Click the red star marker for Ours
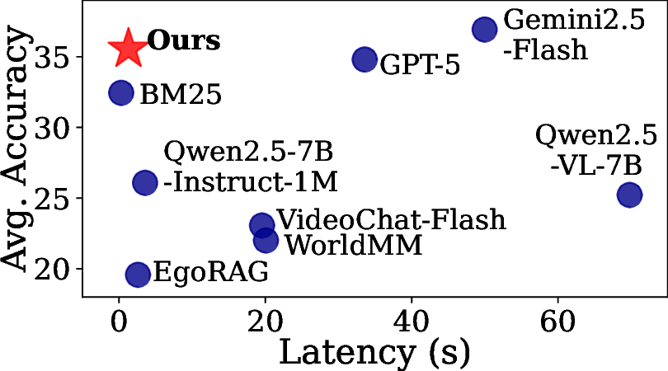(128, 48)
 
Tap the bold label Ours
(183, 41)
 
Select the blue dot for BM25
(121, 92)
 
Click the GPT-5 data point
(365, 59)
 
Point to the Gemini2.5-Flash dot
(484, 30)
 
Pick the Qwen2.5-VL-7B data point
(629, 195)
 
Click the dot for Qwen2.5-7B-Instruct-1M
(144, 183)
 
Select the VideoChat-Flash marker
(262, 225)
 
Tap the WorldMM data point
(266, 240)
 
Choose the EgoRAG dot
(138, 275)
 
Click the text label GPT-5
(419, 64)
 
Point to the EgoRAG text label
(210, 272)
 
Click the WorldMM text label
(352, 246)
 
